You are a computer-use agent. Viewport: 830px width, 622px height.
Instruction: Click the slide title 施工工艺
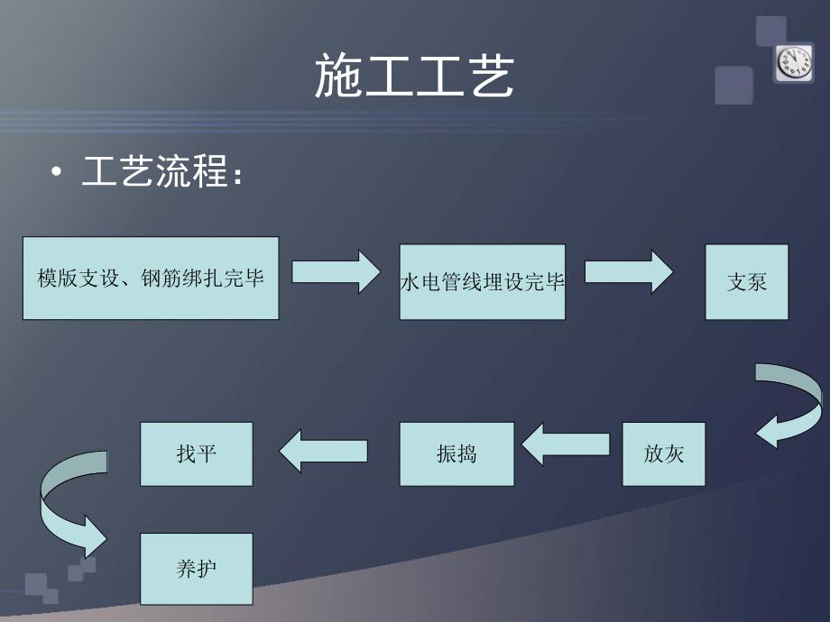tap(414, 76)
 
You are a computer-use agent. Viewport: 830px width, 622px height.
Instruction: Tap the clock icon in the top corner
tap(794, 63)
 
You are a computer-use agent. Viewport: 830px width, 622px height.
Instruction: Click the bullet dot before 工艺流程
tap(58, 173)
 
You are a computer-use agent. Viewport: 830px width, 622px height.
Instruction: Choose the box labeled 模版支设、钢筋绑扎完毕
tap(150, 278)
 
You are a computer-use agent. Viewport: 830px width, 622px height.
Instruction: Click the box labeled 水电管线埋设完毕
tap(482, 281)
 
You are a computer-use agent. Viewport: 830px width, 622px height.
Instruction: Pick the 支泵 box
tap(746, 281)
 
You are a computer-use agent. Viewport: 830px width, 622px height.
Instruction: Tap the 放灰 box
tap(663, 453)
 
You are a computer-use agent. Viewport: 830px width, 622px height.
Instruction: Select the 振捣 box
tap(456, 453)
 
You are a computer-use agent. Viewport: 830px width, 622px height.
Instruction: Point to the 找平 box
tap(196, 453)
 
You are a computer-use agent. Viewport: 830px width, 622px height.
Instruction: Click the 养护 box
tap(196, 569)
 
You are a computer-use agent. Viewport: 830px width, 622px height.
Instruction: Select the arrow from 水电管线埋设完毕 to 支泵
tap(630, 271)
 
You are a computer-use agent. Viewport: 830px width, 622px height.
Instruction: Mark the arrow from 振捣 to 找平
tap(323, 449)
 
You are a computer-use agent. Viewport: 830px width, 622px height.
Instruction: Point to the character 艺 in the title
tap(489, 76)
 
